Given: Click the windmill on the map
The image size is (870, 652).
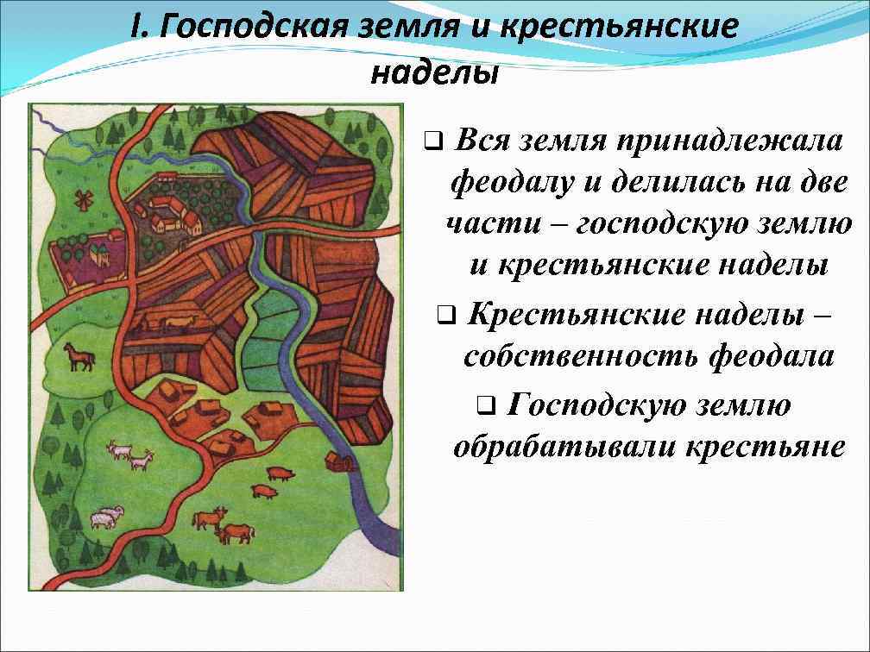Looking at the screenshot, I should tap(83, 200).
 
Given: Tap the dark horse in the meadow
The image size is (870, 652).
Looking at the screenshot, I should tap(79, 356).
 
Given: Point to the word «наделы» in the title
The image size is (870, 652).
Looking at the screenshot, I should tap(434, 74).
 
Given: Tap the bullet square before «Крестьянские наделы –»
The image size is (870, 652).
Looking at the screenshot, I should tap(445, 315).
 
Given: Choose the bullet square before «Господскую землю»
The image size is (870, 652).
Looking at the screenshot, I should tap(486, 404).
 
